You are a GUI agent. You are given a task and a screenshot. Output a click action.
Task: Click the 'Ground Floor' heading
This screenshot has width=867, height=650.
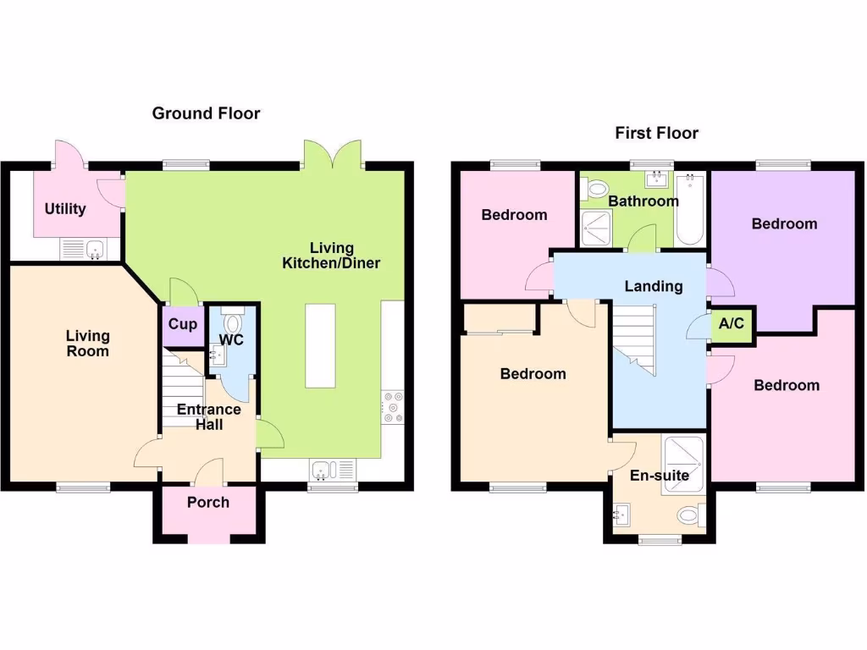coord(206,113)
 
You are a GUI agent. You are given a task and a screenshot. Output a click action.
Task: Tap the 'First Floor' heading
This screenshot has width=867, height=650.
coord(656,133)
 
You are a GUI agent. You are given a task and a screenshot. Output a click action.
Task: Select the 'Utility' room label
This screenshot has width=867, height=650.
coord(65,208)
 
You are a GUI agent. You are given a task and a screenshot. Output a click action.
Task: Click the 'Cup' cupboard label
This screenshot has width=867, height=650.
coord(183,324)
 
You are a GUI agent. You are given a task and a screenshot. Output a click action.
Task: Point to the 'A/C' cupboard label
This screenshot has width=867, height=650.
coord(732,324)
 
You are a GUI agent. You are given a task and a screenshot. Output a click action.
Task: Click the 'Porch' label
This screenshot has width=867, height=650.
coord(208,502)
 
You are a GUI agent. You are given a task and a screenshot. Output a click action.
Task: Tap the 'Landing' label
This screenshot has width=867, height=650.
coord(654,286)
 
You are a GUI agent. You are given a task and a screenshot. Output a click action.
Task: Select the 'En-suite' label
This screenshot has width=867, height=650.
coord(660,476)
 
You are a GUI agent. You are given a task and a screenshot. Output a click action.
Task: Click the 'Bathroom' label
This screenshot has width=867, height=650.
coord(643,201)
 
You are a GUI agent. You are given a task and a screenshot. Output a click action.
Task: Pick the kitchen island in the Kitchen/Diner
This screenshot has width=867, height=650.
coord(321,344)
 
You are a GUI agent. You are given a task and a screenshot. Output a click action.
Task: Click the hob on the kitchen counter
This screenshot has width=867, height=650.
coord(393,406)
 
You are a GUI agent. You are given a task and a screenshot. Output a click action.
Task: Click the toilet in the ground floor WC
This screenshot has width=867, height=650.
coord(234,322)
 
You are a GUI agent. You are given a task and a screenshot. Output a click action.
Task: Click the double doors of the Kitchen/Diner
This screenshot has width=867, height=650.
coord(333,156)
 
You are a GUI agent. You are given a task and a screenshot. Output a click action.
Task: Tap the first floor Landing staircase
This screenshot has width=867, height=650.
coord(633,339)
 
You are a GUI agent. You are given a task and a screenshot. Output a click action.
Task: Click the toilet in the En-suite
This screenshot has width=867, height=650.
coord(691,514)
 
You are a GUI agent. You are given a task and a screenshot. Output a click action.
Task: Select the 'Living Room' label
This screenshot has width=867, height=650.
coord(87,344)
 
